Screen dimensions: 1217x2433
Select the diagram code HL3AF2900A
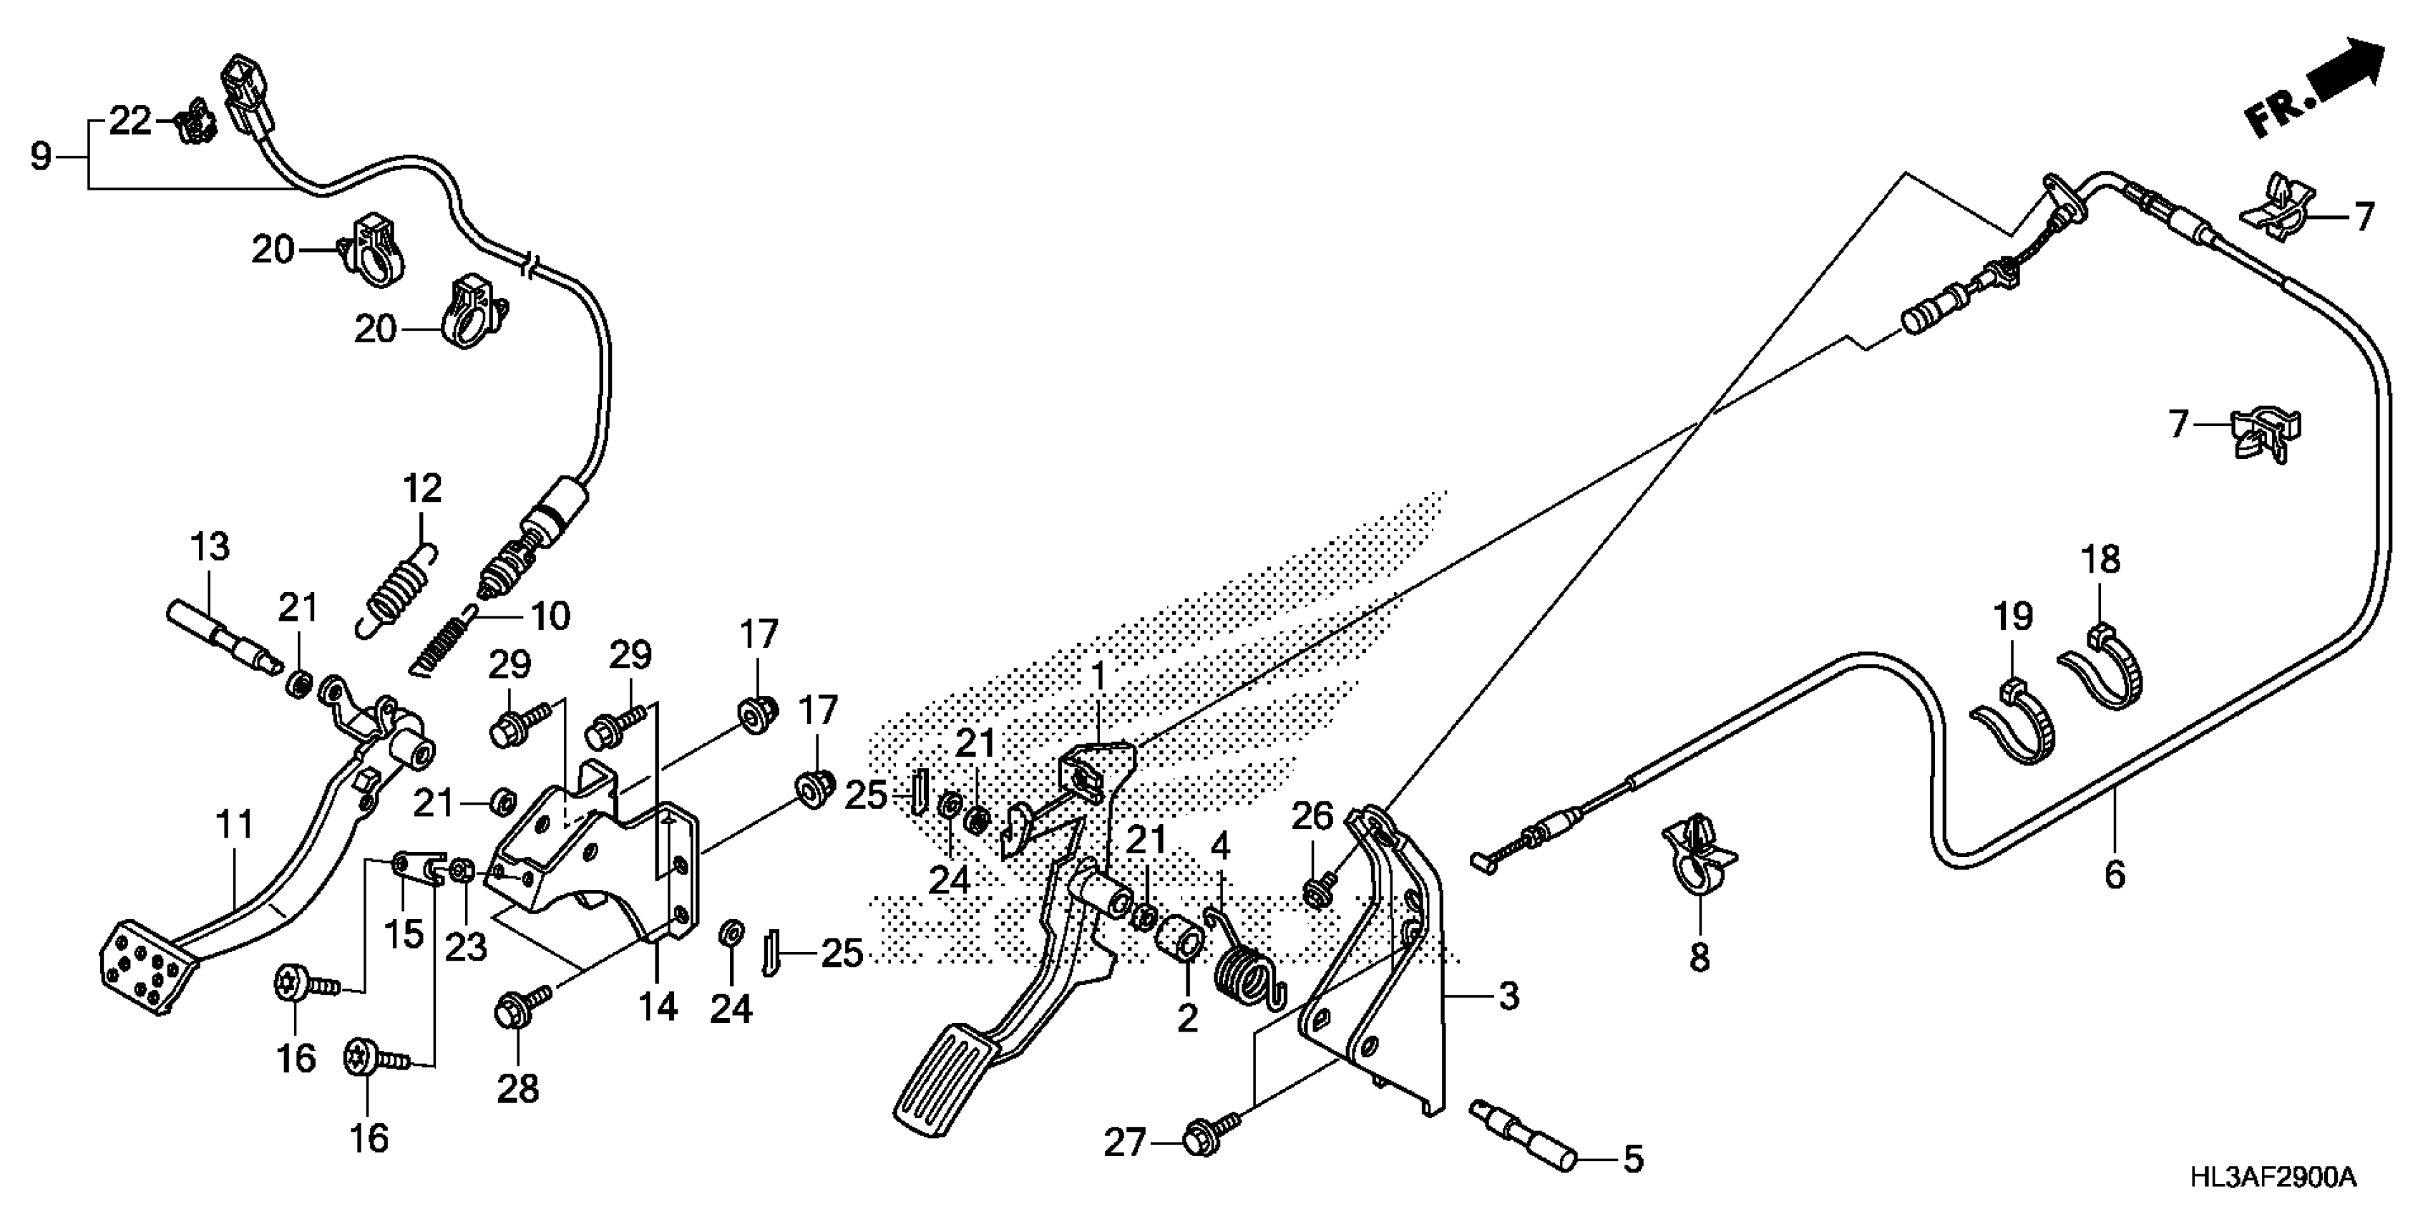click(2271, 1178)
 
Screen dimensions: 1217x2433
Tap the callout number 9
click(39, 156)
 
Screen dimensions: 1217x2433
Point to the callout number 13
click(209, 546)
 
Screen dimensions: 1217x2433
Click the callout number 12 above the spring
click(421, 488)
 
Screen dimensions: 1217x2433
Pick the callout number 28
click(517, 1090)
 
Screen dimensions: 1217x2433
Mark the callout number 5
click(1632, 1159)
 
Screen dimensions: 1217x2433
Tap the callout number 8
click(1699, 959)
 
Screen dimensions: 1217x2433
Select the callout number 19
click(2013, 616)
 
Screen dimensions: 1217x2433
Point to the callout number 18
click(2102, 559)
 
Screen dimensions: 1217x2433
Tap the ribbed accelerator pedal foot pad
click(945, 1081)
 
